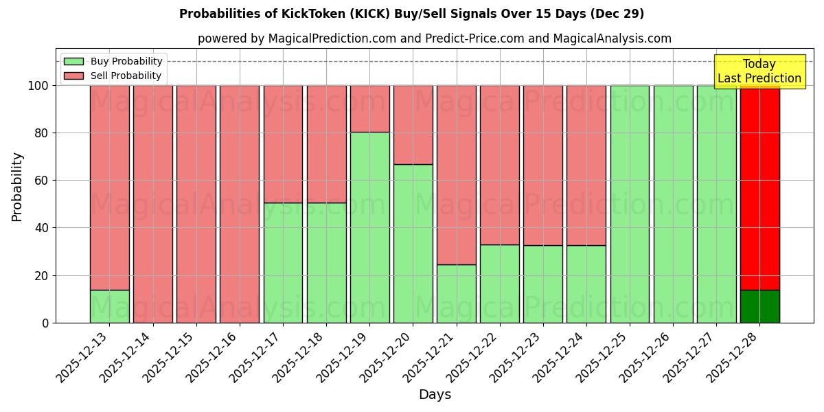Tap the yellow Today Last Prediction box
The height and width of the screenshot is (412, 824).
click(759, 71)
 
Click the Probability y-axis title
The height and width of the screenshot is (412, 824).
click(17, 187)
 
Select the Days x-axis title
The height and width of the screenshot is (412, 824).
click(435, 395)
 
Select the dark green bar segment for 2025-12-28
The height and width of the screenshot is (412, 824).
click(759, 306)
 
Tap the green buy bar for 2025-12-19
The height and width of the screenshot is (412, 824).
click(369, 227)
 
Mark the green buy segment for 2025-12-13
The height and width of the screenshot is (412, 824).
click(109, 306)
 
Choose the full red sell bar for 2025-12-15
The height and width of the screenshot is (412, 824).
click(196, 204)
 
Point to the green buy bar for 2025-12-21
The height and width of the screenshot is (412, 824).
click(456, 293)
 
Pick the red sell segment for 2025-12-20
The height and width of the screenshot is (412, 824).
click(413, 125)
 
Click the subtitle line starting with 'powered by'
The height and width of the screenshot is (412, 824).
click(435, 38)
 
